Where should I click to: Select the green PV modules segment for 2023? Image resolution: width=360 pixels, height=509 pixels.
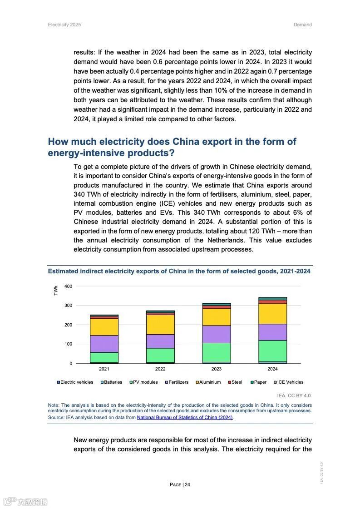point(217,352)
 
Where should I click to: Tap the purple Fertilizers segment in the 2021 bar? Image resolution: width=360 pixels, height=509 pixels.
point(104,344)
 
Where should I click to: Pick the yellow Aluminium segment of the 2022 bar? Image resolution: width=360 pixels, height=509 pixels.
point(160,324)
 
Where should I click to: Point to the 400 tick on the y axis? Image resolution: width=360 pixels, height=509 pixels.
point(68,286)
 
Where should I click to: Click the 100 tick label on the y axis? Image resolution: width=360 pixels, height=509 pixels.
point(68,344)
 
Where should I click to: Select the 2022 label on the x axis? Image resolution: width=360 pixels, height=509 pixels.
point(160,369)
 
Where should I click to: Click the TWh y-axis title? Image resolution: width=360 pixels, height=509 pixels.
point(56,291)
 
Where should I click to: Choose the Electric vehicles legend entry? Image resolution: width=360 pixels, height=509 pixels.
point(76,382)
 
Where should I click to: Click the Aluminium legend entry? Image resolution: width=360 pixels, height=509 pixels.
point(210,382)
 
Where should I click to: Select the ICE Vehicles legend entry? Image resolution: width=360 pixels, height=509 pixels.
point(290,382)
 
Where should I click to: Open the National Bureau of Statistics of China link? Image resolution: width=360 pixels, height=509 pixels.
point(185,417)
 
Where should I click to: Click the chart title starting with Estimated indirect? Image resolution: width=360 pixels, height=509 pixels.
point(179,272)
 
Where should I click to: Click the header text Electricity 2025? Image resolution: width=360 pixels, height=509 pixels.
point(64,25)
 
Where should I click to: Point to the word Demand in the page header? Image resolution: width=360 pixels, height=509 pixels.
point(302,25)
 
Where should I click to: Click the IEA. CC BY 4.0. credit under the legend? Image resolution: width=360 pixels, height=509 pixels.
point(294,395)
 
